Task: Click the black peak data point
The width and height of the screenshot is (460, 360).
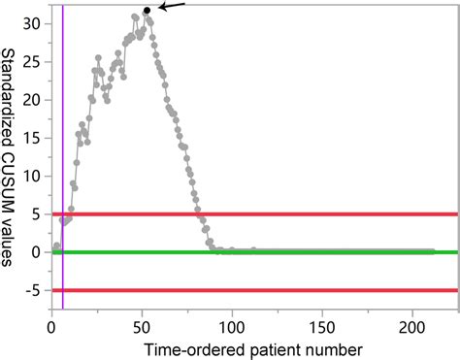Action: click(x=147, y=11)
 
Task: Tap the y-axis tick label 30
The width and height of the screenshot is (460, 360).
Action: click(x=35, y=23)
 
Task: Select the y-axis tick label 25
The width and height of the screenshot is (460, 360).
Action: click(x=35, y=61)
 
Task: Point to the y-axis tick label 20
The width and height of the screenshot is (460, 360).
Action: click(x=35, y=100)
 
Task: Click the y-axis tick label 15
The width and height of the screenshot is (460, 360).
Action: click(x=35, y=138)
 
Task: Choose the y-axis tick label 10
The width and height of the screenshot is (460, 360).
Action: click(x=35, y=176)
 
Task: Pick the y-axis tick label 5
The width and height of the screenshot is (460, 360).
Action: click(x=39, y=214)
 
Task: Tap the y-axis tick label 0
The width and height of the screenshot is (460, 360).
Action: click(x=39, y=252)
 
